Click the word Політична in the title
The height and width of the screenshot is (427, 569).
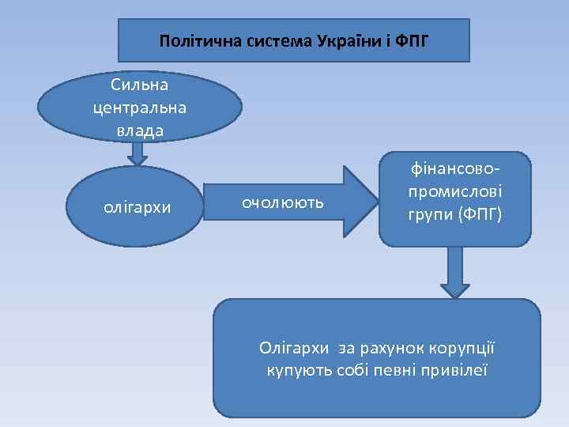tap(190, 40)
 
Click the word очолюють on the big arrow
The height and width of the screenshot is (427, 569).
tap(282, 202)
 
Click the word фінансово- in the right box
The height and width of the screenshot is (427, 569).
tap(454, 170)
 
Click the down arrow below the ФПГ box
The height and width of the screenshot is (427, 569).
tap(455, 273)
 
